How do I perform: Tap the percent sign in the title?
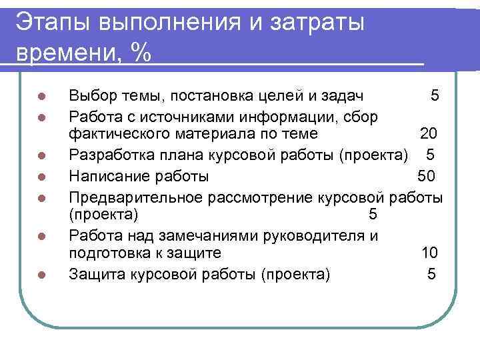coord(140,53)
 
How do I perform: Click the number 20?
coord(428,135)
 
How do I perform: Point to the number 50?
coord(426,176)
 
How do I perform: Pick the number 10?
coord(429,253)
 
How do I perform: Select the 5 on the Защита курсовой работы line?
coord(431,273)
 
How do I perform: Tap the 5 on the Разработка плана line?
coord(430,156)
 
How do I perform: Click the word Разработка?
coord(109,156)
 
